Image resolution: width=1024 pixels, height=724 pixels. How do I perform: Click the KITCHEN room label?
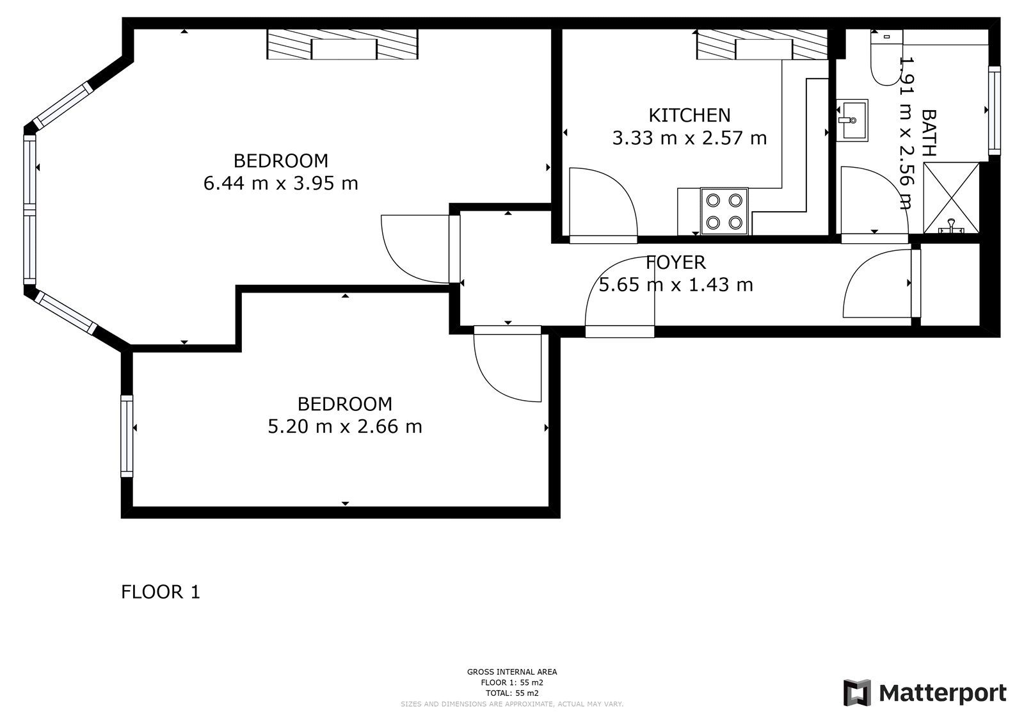tap(689, 115)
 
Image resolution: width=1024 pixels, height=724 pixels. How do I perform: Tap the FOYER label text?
tap(676, 262)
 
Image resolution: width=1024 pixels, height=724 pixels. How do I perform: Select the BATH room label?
tap(929, 133)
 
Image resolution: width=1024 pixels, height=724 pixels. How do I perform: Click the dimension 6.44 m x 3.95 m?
tap(281, 184)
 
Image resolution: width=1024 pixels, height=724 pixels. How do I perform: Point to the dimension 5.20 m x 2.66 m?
tap(345, 427)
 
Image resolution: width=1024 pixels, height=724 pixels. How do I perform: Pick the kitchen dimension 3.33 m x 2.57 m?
tap(689, 138)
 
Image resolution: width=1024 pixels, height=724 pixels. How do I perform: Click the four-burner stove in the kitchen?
tap(724, 211)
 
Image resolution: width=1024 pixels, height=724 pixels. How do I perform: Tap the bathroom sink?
tap(852, 120)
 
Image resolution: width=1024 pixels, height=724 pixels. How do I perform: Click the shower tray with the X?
tap(951, 198)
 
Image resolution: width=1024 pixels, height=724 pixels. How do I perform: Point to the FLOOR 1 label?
tap(161, 592)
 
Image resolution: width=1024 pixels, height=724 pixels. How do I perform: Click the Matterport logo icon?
tap(857, 693)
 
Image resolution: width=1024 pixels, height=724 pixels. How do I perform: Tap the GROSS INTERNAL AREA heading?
tap(512, 672)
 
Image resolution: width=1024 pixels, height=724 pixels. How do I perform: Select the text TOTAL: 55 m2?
tap(512, 693)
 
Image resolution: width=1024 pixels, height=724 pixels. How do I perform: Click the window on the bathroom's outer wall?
tap(995, 111)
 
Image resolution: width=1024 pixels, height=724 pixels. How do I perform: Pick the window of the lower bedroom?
tap(127, 437)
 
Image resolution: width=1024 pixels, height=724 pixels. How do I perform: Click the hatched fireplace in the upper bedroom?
tap(342, 44)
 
